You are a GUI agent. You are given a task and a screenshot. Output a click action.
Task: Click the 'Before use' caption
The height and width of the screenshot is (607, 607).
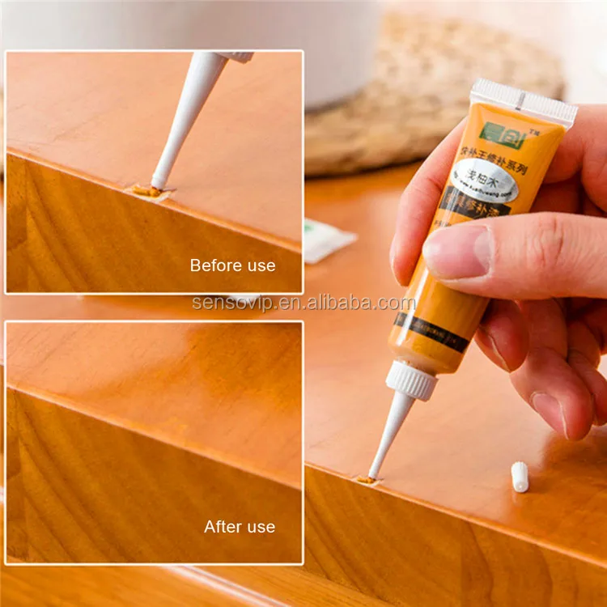point(232,265)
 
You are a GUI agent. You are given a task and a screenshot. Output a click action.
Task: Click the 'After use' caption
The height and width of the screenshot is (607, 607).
point(240,527)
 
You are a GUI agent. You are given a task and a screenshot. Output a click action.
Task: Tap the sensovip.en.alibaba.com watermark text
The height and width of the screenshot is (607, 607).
point(304,303)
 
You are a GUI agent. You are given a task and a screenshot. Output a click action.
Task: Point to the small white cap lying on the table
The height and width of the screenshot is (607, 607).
point(520,476)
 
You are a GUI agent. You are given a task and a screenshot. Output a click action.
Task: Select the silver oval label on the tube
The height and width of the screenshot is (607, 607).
point(485,180)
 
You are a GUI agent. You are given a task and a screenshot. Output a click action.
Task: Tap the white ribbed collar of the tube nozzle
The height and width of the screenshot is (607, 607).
point(410,380)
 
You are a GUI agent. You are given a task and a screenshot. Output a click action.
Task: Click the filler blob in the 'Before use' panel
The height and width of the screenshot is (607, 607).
point(147,192)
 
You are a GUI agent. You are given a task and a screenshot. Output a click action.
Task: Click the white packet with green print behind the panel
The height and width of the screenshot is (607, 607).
point(328,240)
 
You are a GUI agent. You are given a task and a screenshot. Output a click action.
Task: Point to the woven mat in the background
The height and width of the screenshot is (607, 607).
point(437,89)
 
